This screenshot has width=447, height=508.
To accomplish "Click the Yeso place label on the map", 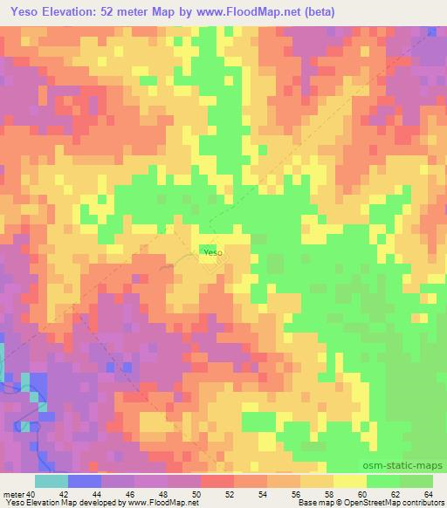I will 213,253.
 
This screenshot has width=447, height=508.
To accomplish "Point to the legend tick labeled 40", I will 31,493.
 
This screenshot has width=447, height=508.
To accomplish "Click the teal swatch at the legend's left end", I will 51,481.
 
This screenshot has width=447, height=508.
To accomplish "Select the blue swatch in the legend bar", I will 84,481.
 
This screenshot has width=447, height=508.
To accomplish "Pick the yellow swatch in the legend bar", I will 350,481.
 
